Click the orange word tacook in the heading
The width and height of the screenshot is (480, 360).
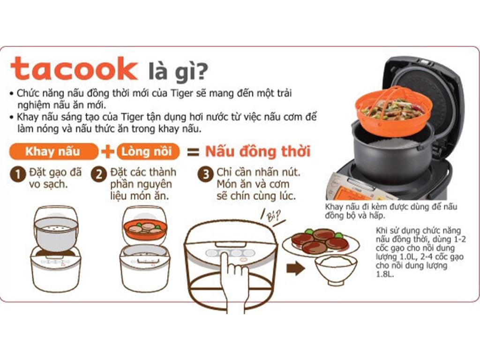[74, 69]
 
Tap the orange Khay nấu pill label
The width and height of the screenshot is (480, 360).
[53, 151]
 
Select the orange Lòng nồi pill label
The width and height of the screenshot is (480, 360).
[148, 151]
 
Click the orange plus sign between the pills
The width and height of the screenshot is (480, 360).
[107, 151]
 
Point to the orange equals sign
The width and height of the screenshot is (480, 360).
[193, 152]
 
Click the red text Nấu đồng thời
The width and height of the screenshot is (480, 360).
[258, 151]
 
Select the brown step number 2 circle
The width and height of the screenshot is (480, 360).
[98, 174]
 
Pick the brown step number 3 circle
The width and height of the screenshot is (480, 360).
[205, 174]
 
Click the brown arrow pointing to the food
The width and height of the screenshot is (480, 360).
[296, 269]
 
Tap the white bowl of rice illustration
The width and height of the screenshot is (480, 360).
[336, 269]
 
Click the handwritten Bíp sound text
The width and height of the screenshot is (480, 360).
[273, 216]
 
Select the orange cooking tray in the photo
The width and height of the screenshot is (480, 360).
[394, 111]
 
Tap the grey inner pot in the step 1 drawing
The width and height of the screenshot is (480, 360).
[56, 234]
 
